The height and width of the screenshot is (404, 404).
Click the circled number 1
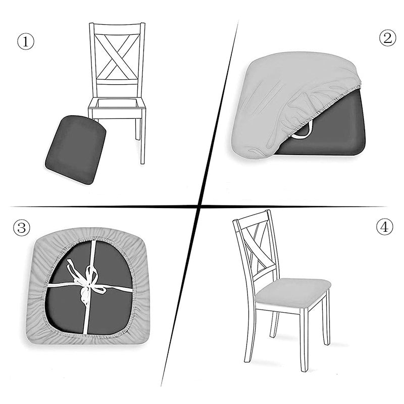point(26,42)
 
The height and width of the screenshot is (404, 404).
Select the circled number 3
point(22,228)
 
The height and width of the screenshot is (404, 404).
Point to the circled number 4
point(385,227)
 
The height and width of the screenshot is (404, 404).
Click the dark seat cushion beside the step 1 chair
point(76,149)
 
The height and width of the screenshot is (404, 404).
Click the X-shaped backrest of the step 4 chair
point(258,247)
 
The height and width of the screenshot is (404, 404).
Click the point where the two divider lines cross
point(200,206)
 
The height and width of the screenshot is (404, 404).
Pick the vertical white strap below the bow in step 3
point(86,318)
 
